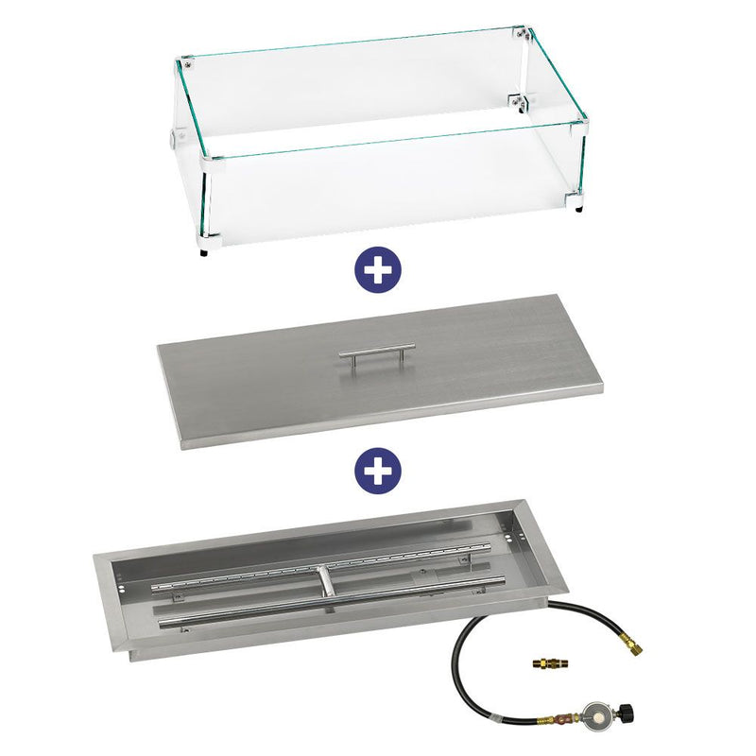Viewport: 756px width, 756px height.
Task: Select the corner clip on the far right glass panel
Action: pyautogui.click(x=521, y=103)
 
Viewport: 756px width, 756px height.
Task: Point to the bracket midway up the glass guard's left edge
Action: pyautogui.click(x=175, y=138)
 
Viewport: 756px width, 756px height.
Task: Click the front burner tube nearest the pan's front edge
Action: pyautogui.click(x=321, y=619)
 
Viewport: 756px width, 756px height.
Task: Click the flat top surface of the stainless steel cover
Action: pyautogui.click(x=283, y=378)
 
